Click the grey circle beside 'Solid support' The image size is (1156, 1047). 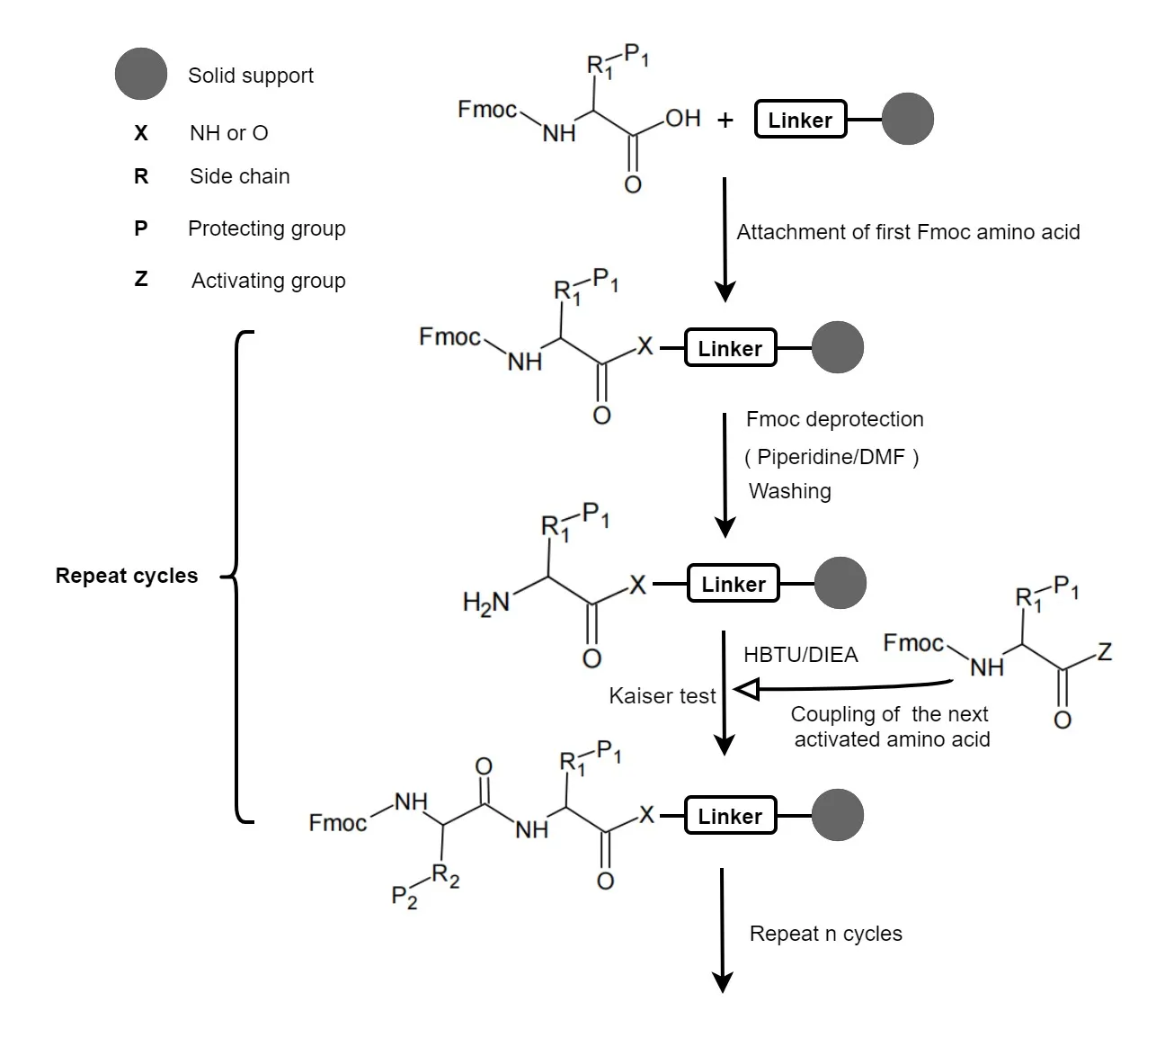[141, 74]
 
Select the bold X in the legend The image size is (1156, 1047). [141, 133]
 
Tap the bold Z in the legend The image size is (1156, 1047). [141, 280]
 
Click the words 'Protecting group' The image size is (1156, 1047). [266, 228]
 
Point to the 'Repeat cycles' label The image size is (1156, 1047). [127, 576]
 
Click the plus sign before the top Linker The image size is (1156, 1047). [725, 120]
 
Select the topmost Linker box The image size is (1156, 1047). [800, 120]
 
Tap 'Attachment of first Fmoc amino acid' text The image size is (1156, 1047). [908, 232]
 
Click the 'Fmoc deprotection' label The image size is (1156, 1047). [834, 419]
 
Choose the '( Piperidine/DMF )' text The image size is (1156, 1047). [831, 457]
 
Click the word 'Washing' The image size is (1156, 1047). [790, 491]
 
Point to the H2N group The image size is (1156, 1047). [485, 602]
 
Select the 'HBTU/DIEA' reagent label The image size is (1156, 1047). [800, 655]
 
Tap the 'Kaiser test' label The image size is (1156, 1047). [662, 696]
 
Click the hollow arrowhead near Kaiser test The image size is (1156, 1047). [747, 690]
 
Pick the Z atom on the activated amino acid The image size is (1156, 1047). [1105, 651]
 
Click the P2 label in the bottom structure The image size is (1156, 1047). [405, 897]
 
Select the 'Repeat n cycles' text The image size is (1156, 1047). [825, 934]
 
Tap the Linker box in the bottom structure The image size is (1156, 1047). [730, 816]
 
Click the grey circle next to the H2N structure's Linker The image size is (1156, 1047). [840, 583]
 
